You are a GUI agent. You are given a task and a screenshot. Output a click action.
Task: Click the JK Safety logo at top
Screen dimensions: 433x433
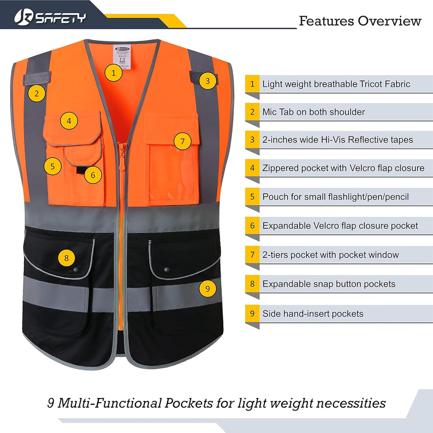click(50, 17)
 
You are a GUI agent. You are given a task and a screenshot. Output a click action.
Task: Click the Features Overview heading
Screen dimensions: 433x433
click(360, 21)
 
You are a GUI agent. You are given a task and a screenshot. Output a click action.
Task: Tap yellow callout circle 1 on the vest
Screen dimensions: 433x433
click(113, 73)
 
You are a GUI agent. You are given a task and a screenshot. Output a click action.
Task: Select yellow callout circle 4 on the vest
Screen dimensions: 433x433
click(69, 121)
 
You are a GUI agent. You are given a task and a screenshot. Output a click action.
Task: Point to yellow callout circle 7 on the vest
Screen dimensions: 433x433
click(182, 141)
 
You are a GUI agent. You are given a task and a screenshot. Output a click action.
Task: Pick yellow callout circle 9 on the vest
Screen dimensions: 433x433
click(207, 288)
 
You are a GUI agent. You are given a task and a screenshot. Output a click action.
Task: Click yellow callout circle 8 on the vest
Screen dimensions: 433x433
click(66, 258)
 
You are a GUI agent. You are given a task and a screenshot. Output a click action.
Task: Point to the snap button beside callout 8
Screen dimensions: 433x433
click(77, 269)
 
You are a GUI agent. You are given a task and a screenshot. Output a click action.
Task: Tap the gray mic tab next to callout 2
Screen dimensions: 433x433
click(37, 78)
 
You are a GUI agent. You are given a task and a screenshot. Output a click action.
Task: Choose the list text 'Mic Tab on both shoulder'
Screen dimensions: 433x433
click(313, 112)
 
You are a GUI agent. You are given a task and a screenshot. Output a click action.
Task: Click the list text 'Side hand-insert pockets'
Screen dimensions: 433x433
click(312, 314)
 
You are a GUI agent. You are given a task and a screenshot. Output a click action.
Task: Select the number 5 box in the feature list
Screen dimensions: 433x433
click(252, 197)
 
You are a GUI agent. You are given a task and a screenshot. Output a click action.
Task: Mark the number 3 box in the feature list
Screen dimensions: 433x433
click(252, 140)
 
